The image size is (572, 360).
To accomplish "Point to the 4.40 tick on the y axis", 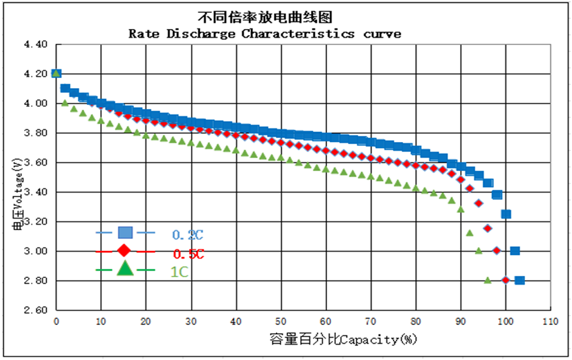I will pos(35,44).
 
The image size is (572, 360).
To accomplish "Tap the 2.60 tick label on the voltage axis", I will pos(35,310).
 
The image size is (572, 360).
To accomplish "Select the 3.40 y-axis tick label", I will pos(35,192).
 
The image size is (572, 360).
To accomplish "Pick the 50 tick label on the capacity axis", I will pos(281,321).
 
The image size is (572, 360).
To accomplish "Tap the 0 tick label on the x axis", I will pos(57,321).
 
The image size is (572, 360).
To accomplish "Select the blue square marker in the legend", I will pos(125,233).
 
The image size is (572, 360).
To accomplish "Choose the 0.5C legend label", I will pos(188,254).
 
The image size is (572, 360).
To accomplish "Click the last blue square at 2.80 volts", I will pos(520,281).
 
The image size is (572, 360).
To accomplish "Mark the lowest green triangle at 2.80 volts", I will pos(487,280).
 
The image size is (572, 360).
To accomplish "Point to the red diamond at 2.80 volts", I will pos(505,281).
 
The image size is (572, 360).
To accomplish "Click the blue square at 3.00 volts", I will pos(515,251).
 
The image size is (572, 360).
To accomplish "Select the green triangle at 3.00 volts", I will pos(478,250).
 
